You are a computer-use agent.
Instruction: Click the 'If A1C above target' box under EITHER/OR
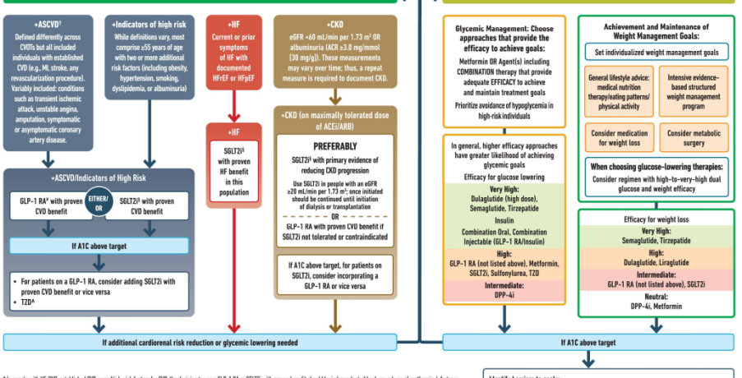pos(99,245)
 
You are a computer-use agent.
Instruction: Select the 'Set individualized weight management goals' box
pos(657,52)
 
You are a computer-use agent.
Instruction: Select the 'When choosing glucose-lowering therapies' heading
pos(657,167)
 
